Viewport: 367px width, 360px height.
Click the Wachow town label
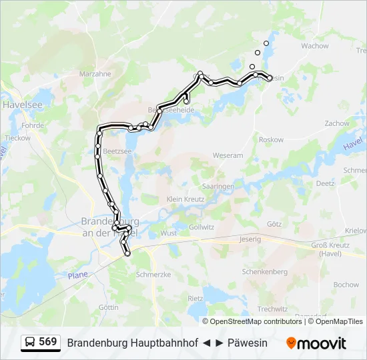[315, 46]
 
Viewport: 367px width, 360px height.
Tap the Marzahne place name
[95, 74]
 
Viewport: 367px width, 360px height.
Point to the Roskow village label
[271, 140]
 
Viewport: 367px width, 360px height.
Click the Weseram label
[228, 155]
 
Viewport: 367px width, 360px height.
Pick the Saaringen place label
[218, 187]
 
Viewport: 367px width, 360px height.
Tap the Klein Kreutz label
[185, 199]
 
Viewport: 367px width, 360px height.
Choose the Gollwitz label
[201, 227]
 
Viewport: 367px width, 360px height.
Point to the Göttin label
[108, 307]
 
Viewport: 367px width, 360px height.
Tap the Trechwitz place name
[272, 309]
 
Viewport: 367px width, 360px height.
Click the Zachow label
[337, 123]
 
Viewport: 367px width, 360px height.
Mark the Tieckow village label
[18, 138]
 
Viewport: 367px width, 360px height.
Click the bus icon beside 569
[31, 343]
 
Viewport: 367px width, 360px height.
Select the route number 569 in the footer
[47, 343]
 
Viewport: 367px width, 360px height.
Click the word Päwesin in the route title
[247, 343]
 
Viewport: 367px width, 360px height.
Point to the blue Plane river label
[77, 275]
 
